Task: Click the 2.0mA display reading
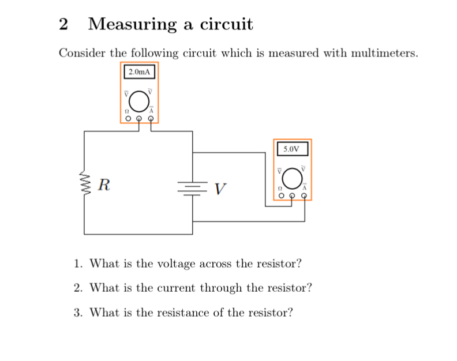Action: (x=139, y=72)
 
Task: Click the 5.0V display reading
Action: (x=292, y=149)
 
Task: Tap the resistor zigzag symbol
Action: (x=85, y=186)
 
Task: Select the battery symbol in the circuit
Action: (x=192, y=187)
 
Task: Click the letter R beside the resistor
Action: (x=104, y=186)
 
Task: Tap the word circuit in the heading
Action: (x=226, y=24)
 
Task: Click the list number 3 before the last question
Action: (x=77, y=313)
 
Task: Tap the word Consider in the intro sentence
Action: (x=82, y=54)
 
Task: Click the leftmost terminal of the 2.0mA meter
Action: (x=128, y=119)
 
